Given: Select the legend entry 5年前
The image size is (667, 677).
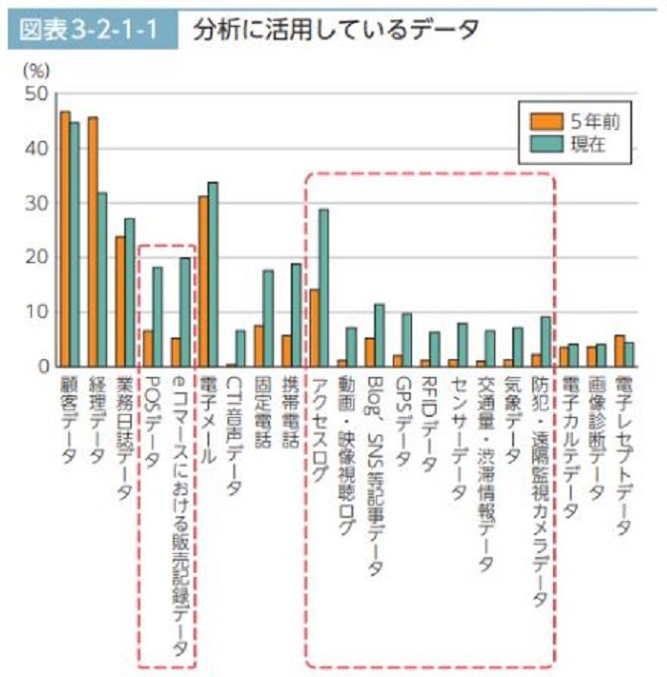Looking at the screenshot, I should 595,121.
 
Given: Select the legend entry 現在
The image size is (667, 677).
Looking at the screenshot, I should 588,144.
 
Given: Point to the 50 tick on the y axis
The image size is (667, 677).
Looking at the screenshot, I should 37,94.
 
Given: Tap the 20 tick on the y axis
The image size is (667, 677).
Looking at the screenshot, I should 37,257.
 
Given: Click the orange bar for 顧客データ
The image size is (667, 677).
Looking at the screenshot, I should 65,238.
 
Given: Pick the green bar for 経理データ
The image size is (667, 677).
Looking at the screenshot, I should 102,279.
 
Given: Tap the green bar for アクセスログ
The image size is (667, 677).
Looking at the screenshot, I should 324,287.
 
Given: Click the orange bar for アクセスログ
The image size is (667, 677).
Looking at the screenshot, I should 314,328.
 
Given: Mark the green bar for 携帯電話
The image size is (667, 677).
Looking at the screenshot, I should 296,314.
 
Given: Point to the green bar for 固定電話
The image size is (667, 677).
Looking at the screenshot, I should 268,318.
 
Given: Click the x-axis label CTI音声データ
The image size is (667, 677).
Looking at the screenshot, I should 235,438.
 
